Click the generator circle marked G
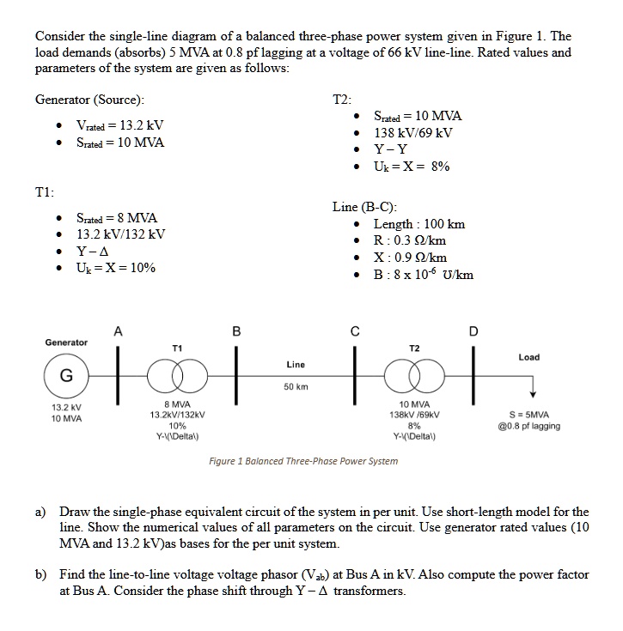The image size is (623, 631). pos(65,375)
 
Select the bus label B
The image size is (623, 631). pos(236,332)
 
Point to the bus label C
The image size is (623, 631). pos(353,332)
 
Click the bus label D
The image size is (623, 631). pos(472,332)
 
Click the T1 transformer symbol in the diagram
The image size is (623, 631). pos(178,375)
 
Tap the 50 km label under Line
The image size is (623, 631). pos(295,386)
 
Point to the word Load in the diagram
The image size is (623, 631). pos(529,357)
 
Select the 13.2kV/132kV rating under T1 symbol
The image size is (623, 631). pos(176,414)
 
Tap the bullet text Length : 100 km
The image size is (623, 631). pos(419,224)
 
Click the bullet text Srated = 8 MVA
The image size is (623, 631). pos(117,217)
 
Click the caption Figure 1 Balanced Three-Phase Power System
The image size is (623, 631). pos(303,461)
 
